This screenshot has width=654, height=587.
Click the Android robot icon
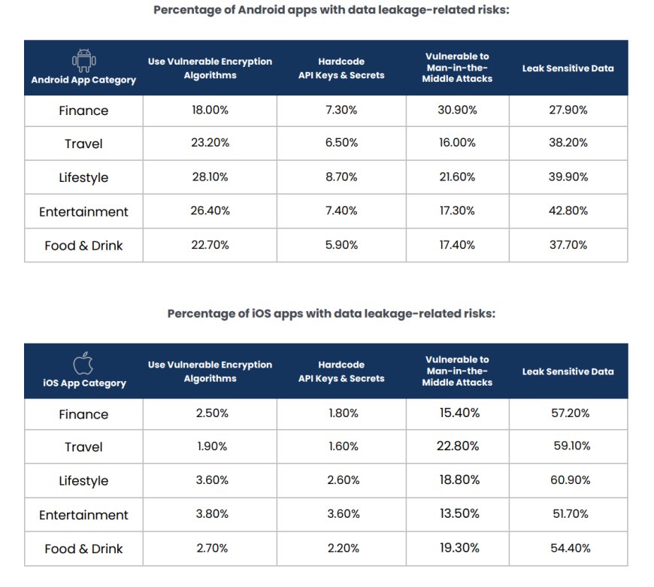83,59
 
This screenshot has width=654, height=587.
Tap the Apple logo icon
83,364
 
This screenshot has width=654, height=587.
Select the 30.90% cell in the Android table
457,110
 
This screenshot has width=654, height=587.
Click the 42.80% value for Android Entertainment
568,211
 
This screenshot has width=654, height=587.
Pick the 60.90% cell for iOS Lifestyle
568,480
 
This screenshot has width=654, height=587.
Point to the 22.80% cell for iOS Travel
457,446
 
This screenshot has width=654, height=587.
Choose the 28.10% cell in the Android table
210,177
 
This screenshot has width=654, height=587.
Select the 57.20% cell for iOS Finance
568,413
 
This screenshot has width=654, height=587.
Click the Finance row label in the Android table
83,110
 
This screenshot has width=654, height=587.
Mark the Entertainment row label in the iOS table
83,515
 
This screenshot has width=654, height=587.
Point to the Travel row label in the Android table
83,144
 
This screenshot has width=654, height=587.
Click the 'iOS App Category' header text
83,383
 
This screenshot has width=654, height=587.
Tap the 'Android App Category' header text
83,80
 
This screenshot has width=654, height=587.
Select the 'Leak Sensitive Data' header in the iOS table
568,371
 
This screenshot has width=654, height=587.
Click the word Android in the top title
250,10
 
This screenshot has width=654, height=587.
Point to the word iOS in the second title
259,313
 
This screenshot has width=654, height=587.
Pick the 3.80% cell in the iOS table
210,514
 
